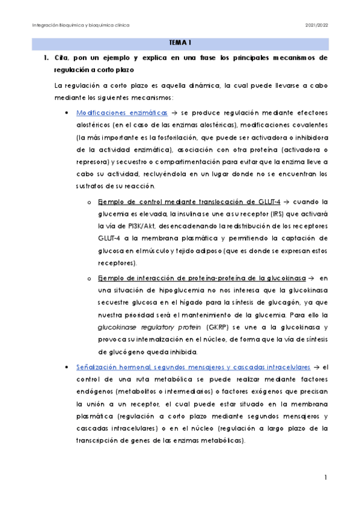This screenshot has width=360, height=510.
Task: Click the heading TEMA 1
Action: (180, 43)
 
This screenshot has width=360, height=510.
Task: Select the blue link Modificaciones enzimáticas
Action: (114, 112)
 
